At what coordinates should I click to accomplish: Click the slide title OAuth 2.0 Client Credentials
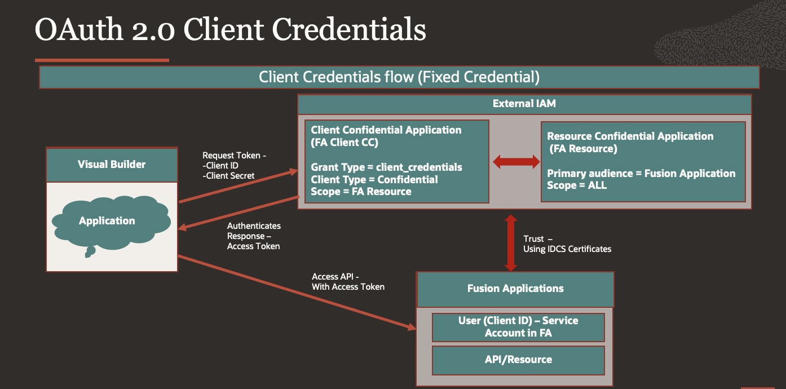(x=230, y=29)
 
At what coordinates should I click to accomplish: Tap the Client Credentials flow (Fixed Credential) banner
(x=399, y=77)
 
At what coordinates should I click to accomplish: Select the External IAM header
(x=524, y=104)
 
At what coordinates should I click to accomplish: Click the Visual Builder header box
(x=112, y=165)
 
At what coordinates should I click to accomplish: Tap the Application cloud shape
(x=107, y=221)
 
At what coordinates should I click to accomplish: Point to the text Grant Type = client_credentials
(x=386, y=167)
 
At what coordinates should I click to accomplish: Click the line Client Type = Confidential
(x=374, y=179)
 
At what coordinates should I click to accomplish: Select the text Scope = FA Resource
(x=361, y=191)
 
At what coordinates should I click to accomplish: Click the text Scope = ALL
(x=577, y=185)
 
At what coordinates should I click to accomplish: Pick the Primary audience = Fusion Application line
(x=641, y=174)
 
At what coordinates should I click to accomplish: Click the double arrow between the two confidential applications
(x=516, y=162)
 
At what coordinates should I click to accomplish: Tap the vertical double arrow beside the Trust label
(x=510, y=242)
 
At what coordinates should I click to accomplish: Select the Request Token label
(x=234, y=155)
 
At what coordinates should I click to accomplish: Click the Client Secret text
(x=230, y=175)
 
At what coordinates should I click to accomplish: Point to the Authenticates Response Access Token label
(x=254, y=236)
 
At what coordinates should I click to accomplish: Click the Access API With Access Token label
(x=348, y=282)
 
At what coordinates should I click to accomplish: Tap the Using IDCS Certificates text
(x=567, y=249)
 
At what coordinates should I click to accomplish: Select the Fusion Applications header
(x=515, y=289)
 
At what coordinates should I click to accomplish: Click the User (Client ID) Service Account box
(x=518, y=327)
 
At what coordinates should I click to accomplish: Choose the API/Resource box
(x=518, y=360)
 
